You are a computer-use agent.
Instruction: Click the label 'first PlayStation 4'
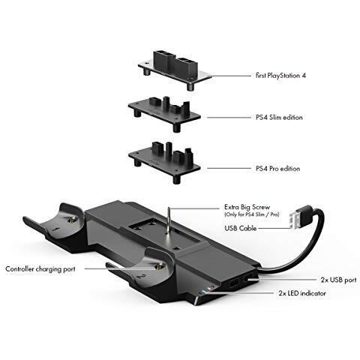coord(280,76)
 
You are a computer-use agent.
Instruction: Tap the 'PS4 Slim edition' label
coord(279,117)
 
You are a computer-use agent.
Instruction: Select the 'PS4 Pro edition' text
coord(277,169)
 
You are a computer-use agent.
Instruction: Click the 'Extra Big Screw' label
coord(247,207)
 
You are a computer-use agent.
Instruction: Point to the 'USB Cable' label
coord(240,228)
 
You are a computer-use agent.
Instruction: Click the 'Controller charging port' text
coord(40,269)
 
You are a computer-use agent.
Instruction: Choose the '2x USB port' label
coord(338,280)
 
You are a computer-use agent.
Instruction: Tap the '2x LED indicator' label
coord(302,293)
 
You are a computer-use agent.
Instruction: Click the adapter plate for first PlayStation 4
coord(175,70)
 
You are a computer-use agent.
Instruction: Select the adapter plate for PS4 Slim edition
coord(164,113)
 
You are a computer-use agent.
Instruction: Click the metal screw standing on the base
coord(169,220)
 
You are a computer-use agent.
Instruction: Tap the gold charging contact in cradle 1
coord(72,220)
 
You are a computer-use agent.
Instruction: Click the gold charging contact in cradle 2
coord(158,267)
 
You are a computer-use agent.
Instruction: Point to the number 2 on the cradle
coord(142,277)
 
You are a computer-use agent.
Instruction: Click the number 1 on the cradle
coord(57,229)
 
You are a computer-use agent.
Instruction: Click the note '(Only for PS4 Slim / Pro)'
coord(252,214)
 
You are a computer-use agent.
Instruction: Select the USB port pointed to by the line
coord(248,279)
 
